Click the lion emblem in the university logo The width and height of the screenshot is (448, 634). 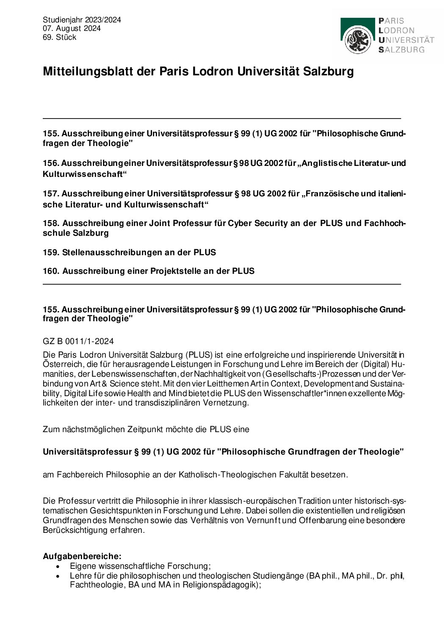click(x=358, y=40)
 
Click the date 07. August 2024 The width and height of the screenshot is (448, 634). click(x=72, y=28)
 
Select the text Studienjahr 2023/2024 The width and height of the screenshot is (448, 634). click(x=82, y=20)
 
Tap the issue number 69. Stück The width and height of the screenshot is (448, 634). click(x=59, y=37)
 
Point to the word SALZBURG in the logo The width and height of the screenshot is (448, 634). click(x=401, y=50)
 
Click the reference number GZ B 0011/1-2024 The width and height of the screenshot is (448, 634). click(x=78, y=341)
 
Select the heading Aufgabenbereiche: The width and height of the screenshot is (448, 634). click(x=82, y=556)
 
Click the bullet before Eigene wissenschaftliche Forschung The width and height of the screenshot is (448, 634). click(x=58, y=566)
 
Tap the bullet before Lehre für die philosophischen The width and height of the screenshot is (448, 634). click(x=58, y=576)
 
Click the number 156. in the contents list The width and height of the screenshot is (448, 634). click(x=51, y=163)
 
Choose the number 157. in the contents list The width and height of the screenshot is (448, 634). click(x=51, y=194)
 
